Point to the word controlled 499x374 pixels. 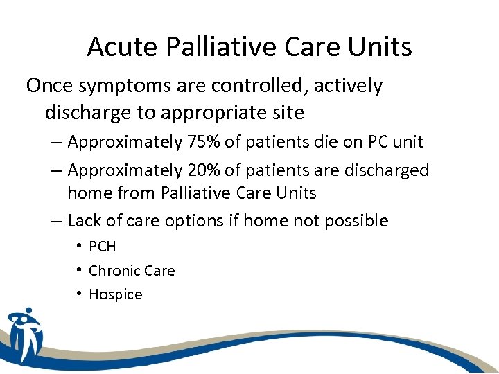(x=260, y=87)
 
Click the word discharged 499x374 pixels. (x=387, y=170)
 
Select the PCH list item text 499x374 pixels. (x=103, y=247)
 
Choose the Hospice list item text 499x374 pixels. (x=116, y=294)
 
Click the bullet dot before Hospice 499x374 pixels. (x=81, y=294)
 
